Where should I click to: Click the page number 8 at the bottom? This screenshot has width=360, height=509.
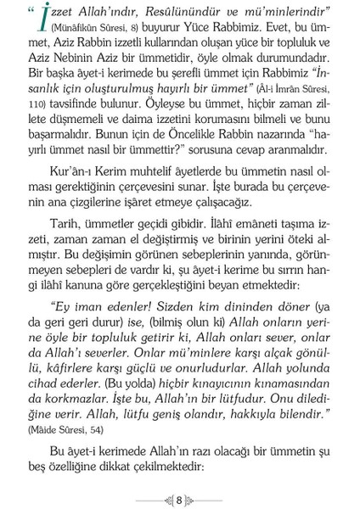click(x=179, y=497)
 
